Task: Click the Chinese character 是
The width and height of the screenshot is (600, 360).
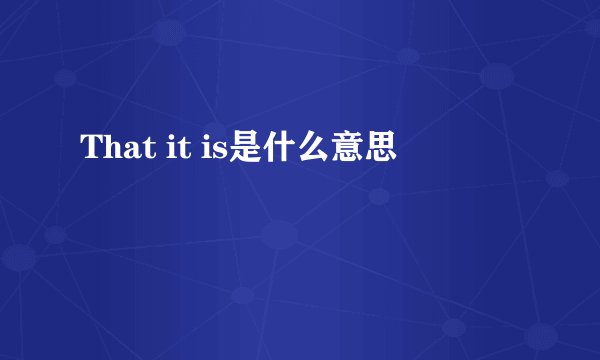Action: click(x=245, y=151)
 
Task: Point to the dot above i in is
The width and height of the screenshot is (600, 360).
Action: click(x=206, y=142)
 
